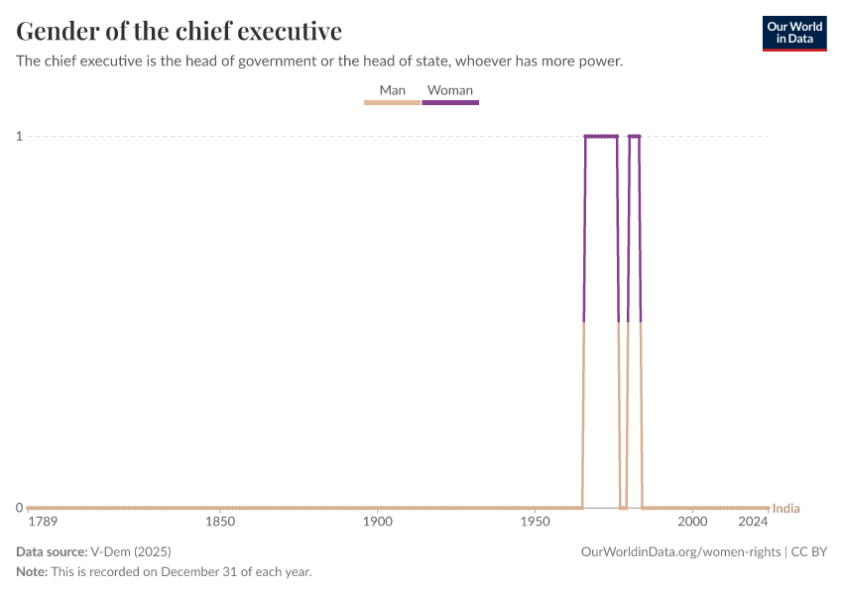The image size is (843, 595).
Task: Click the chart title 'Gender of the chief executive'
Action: pos(180,31)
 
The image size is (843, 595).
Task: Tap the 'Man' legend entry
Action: pos(393,90)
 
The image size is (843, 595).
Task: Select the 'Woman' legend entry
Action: pos(450,90)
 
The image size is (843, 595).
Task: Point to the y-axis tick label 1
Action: pos(19,136)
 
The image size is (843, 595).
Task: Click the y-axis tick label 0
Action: pos(19,508)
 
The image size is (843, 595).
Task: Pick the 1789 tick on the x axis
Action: pos(43,522)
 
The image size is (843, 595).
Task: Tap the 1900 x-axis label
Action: pos(377,522)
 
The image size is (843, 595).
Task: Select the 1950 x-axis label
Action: pos(535,522)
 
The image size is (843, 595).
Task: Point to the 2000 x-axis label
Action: pos(692,522)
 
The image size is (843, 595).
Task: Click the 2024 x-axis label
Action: pos(754,522)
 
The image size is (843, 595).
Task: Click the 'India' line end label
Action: pos(785,509)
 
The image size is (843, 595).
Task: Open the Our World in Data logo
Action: pos(794,33)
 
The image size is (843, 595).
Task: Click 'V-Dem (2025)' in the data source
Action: pos(130,551)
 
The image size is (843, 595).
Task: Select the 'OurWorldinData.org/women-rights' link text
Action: pos(679,551)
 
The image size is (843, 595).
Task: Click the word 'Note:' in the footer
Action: pos(32,572)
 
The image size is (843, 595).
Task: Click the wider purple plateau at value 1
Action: pos(601,136)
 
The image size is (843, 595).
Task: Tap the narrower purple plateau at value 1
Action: pos(635,136)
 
